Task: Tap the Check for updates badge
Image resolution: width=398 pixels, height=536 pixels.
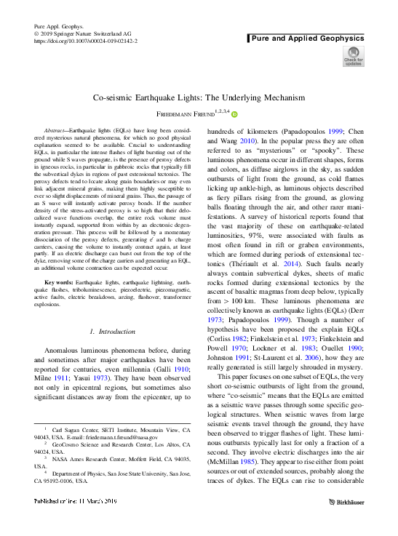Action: [354, 56]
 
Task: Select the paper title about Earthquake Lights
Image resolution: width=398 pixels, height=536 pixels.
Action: [199, 96]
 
